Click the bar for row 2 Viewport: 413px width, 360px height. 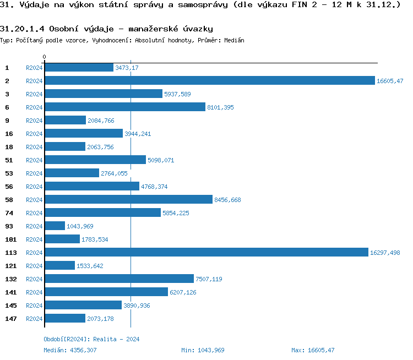click(209, 81)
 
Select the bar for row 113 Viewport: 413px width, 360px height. click(206, 253)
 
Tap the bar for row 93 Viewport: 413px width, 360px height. click(55, 226)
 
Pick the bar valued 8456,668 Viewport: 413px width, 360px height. click(128, 200)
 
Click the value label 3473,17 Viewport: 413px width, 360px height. click(127, 68)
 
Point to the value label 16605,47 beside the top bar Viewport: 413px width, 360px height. click(390, 81)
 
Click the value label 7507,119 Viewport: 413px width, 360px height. click(209, 279)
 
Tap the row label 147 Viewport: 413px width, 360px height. click(11, 319)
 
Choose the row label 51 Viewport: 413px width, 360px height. click(9, 160)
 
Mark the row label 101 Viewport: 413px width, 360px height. click(11, 239)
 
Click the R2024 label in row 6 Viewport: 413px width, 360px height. click(34, 107)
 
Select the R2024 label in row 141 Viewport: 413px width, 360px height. click(34, 292)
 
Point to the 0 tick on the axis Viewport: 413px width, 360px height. click(44, 57)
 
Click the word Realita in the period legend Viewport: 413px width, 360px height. click(105, 340)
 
